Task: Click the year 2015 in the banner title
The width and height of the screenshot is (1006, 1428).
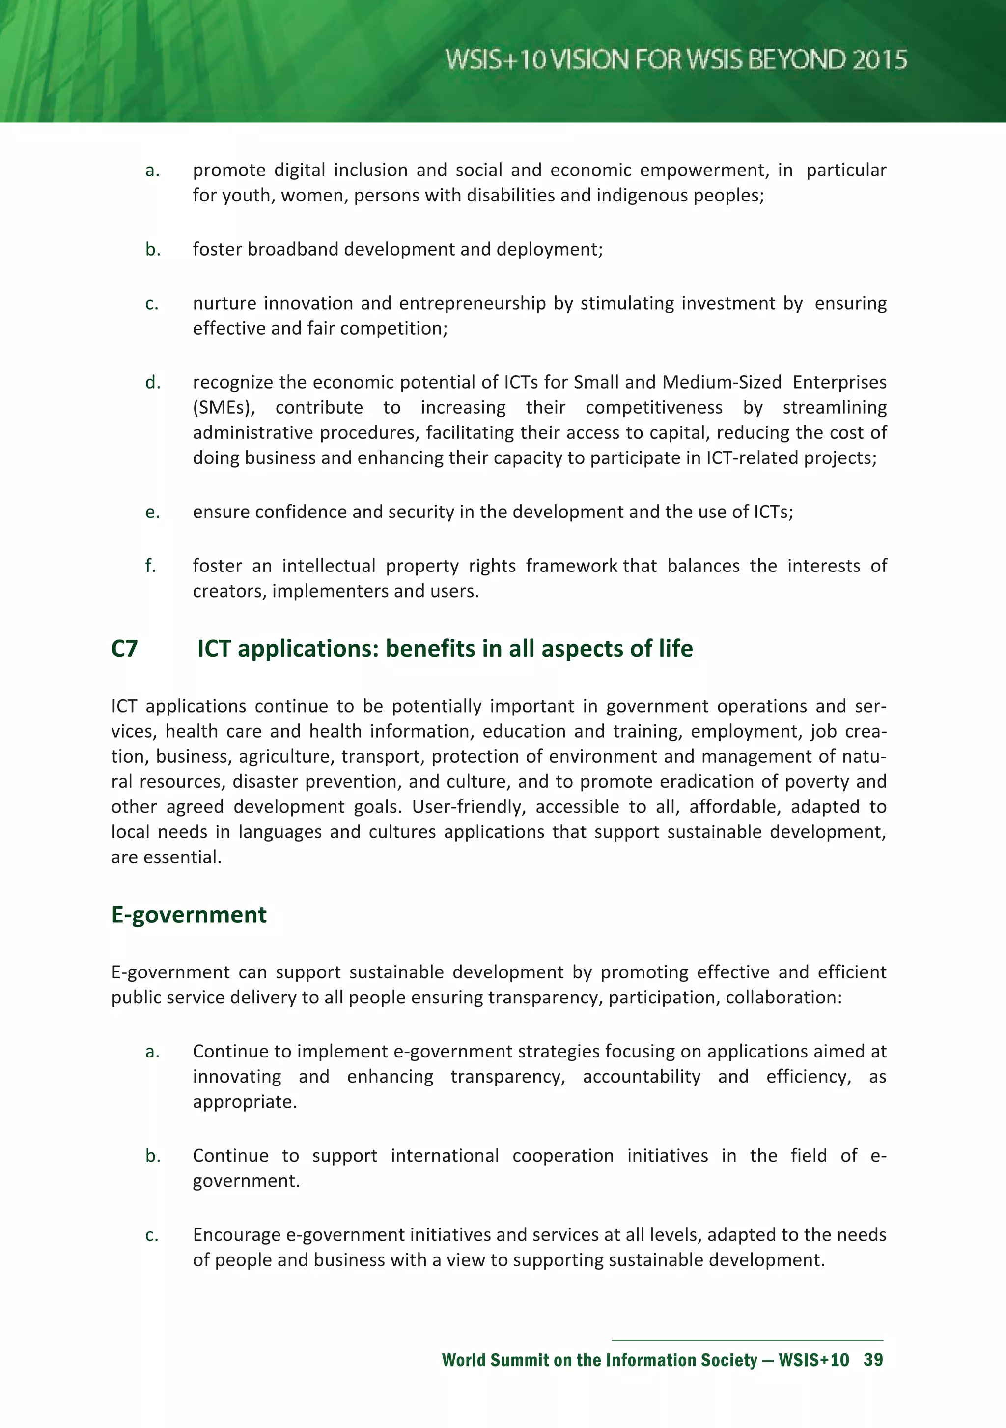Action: click(879, 60)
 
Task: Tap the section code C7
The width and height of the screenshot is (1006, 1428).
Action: click(124, 649)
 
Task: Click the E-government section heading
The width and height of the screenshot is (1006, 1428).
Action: click(189, 915)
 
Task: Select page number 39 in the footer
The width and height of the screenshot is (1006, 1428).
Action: click(873, 1360)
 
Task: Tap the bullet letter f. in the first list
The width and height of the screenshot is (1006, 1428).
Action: click(150, 566)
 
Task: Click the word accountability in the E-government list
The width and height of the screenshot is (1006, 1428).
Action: click(641, 1077)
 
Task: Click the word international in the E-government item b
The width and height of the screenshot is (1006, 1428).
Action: click(445, 1156)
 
